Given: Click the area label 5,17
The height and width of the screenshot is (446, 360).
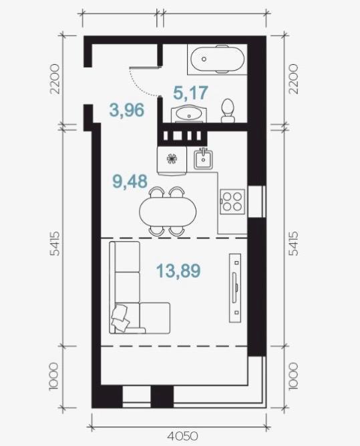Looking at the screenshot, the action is coord(190,93).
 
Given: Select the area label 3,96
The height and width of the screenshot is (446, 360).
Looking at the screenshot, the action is coord(127,110).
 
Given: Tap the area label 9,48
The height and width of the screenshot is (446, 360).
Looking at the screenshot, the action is coord(130,181).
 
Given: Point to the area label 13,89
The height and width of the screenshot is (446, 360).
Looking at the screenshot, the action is coord(178,270).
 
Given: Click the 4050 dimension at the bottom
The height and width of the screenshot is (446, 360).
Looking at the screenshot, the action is coord(182,436).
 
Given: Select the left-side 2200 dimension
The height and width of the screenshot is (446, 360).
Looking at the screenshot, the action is coord(55,79).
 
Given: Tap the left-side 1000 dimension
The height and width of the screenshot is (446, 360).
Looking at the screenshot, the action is coord(54,377).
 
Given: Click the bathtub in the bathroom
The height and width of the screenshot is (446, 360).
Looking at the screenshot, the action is coord(218,59).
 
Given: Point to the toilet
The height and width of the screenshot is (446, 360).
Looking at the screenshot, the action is coord(228,111).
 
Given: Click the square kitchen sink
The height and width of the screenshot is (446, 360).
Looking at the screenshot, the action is coord(203,159).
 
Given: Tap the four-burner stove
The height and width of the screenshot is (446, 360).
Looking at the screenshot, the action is coord(232,202).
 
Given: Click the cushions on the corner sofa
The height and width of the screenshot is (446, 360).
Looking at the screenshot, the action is coord(120,317).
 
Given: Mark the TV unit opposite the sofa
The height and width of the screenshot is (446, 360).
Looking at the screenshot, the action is coord(235,288).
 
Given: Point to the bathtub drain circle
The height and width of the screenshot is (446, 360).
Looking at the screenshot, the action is coord(204,59).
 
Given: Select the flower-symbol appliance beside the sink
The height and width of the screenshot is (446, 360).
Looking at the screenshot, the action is coord(172,159).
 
